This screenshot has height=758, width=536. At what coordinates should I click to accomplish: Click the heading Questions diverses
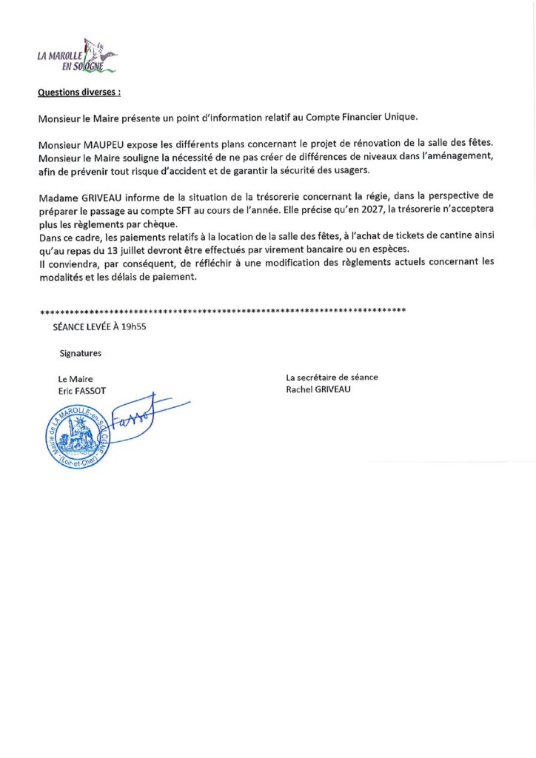pos(78,93)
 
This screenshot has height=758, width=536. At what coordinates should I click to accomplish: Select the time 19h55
pos(138,326)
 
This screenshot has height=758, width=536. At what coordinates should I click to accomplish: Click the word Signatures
pos(81,353)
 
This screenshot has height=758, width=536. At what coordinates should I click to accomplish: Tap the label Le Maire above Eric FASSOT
pos(76,378)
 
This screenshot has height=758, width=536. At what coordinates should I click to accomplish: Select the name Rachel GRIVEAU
pos(318,389)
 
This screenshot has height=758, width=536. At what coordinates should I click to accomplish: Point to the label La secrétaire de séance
pos(332,378)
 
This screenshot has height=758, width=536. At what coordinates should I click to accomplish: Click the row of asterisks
pos(222,310)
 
